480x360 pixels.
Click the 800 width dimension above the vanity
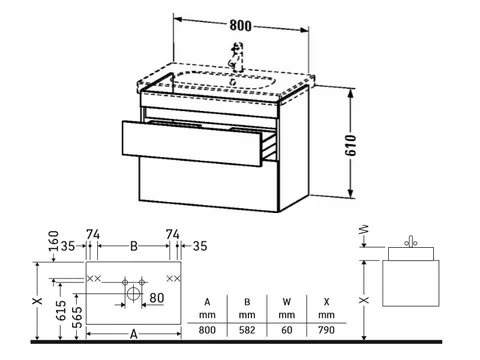240,25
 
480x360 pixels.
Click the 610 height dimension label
350,145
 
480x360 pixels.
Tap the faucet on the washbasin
236,57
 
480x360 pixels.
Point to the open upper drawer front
192,143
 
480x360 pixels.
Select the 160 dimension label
54,241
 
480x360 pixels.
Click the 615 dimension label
61,310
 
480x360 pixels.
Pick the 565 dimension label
77,318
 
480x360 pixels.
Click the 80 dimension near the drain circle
157,298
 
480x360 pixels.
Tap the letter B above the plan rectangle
134,246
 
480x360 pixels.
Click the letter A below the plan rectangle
134,334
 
